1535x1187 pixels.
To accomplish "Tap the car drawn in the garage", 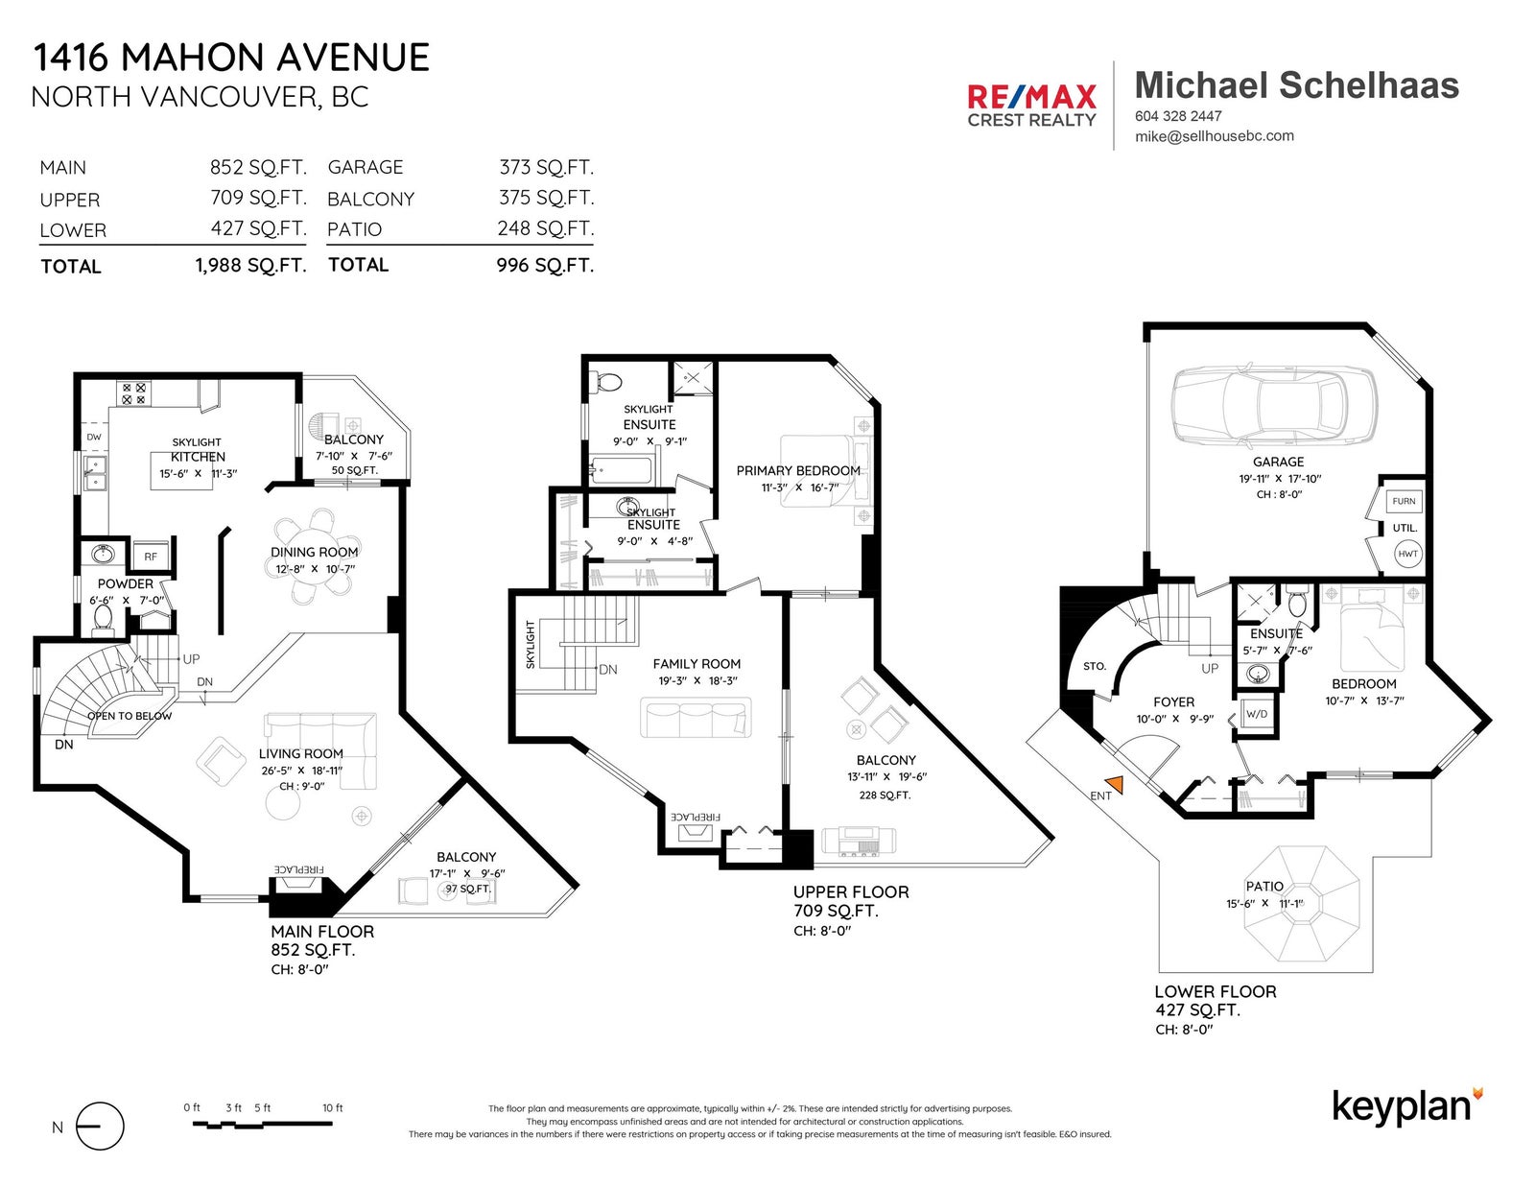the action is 1274,406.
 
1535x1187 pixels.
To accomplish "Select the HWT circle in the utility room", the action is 1407,554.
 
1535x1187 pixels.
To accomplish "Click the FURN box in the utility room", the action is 1404,501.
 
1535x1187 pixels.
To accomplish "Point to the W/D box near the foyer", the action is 1257,714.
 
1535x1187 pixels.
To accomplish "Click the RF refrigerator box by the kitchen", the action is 151,557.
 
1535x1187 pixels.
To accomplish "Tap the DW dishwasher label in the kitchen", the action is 94,438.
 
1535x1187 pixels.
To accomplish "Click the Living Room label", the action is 301,754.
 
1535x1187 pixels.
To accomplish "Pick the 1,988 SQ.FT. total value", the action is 250,266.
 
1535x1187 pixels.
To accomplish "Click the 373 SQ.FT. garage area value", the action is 547,168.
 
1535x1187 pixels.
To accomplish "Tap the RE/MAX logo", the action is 1031,106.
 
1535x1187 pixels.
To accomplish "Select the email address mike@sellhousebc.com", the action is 1215,136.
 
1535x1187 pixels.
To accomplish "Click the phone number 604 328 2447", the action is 1178,116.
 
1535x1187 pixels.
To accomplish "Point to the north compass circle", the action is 101,1127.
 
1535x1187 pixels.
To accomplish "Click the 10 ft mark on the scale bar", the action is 332,1108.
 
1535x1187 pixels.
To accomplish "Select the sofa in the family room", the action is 696,717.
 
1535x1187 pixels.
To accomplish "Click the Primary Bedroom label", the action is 798,470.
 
